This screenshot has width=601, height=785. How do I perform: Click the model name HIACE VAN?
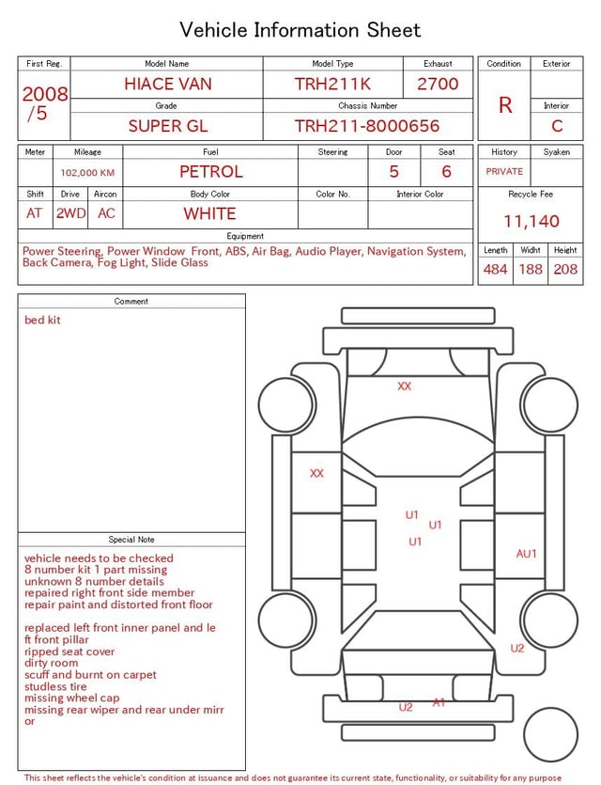168,84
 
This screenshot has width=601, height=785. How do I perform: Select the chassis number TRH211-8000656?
367,126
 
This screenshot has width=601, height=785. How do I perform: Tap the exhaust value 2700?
438,84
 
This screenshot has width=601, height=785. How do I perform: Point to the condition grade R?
505,105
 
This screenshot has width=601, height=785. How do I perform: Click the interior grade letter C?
557,126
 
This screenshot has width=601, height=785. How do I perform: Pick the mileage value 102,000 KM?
87,173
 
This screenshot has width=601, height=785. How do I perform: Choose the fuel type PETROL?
211,172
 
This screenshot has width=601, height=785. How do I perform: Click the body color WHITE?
209,213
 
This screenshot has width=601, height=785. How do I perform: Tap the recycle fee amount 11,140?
531,221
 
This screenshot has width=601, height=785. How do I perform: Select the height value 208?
565,269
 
